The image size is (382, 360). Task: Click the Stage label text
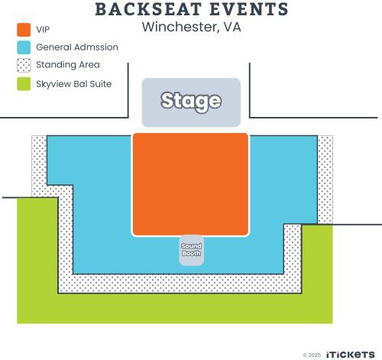tap(191, 101)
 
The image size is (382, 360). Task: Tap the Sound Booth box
tap(192, 250)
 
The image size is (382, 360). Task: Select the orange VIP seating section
tap(190, 184)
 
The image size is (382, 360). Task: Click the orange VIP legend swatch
tap(24, 30)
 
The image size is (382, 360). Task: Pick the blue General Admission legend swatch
tap(24, 47)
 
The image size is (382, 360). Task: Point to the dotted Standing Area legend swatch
tap(24, 65)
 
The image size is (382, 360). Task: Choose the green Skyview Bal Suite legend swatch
tap(24, 84)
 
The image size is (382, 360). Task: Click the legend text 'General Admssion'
tap(77, 47)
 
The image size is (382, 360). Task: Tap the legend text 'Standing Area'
tap(68, 65)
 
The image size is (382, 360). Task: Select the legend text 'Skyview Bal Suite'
tap(74, 84)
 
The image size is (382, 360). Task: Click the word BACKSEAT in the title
tap(148, 9)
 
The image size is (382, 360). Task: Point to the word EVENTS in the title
tap(249, 9)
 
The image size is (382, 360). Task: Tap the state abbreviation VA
tap(232, 27)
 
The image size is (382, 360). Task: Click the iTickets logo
tap(350, 355)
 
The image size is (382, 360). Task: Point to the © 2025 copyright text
tap(312, 355)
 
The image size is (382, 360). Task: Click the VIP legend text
tap(43, 30)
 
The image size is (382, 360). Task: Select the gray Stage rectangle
tap(191, 102)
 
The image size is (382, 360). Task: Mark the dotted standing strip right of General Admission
tap(325, 180)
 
